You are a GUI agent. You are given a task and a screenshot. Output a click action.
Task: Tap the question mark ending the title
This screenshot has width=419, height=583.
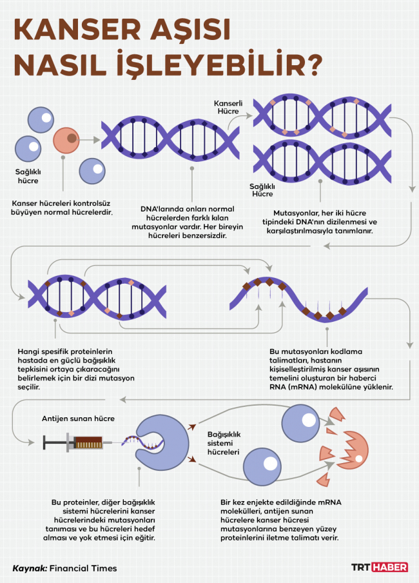[311, 66]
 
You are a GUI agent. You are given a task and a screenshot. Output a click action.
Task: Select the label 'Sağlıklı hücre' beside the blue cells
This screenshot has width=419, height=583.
[28, 177]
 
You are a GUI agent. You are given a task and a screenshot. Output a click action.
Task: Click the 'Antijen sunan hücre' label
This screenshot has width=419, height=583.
[78, 419]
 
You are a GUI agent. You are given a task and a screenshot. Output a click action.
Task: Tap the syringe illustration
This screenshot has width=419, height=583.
[74, 442]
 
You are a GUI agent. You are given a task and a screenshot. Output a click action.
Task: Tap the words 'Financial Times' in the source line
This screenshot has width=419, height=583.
[83, 568]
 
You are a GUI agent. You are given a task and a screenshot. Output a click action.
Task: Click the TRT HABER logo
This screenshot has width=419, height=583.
[380, 567]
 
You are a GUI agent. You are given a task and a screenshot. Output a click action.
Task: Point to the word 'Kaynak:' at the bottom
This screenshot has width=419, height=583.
[30, 568]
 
